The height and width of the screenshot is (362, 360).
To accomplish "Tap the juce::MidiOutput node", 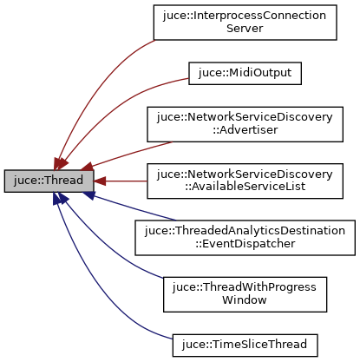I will (245, 73).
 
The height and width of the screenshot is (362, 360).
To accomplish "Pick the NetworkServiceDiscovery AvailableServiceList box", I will (245, 181).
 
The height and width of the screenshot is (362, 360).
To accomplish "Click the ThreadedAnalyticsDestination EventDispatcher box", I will (245, 237).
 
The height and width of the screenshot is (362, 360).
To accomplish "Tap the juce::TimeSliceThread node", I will (245, 343).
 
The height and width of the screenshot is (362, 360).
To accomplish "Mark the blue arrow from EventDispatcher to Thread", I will (130, 208).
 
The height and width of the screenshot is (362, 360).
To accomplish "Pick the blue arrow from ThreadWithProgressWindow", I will (113, 247).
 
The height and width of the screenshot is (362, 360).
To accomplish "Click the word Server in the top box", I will (245, 30).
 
